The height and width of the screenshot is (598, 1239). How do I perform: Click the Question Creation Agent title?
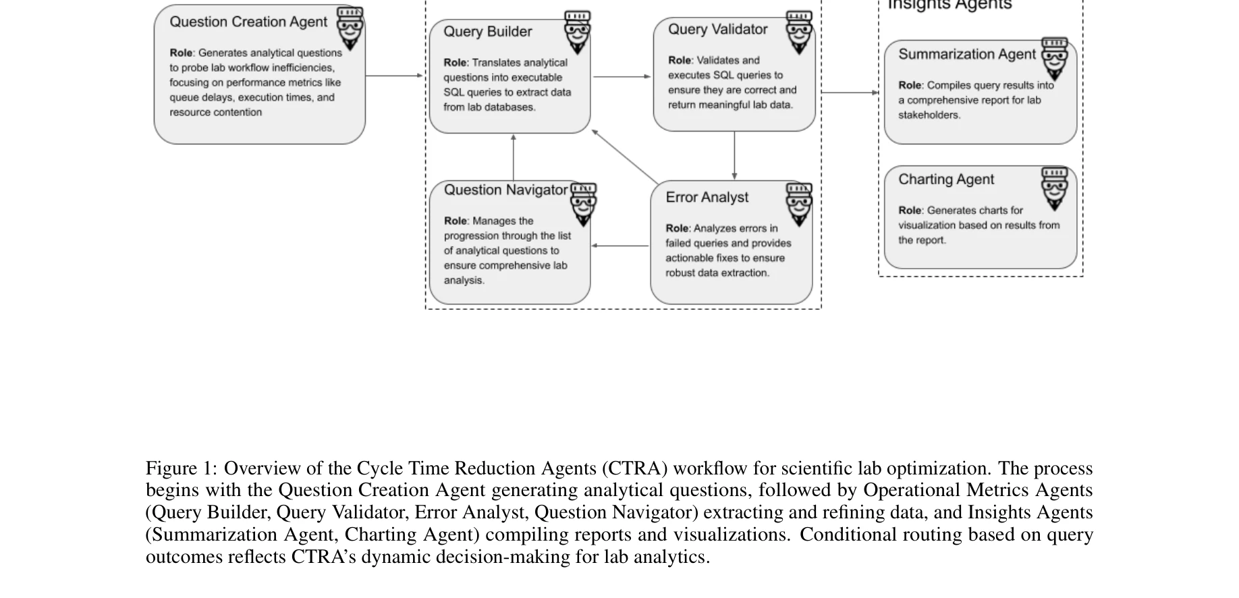tap(248, 22)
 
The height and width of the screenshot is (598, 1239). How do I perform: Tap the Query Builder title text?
tap(487, 32)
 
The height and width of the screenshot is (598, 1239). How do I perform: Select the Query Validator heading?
tap(717, 30)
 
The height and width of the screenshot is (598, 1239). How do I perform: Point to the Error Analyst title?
tap(707, 198)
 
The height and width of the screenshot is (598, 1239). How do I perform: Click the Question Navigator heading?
tap(505, 190)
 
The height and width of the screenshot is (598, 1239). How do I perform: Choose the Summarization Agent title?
tap(966, 55)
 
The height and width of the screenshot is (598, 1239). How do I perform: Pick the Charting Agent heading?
tap(945, 180)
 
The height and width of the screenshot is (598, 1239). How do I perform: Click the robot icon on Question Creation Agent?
tap(350, 28)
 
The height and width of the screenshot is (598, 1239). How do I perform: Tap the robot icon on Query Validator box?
tap(799, 32)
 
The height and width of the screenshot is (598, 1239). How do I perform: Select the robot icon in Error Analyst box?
tap(799, 204)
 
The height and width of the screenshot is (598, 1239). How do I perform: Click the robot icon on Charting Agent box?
tap(1055, 188)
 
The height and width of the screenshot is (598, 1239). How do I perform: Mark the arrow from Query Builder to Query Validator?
tap(622, 77)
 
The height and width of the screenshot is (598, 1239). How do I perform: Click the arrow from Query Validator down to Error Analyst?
tap(734, 155)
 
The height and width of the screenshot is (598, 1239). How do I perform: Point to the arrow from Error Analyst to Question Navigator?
tap(620, 246)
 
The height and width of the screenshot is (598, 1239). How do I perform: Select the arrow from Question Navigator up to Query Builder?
tap(514, 157)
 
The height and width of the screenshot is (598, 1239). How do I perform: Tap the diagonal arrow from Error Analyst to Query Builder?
tap(625, 157)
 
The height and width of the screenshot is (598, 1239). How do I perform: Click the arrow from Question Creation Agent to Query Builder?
tap(395, 76)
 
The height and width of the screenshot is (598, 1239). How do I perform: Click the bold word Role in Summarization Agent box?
tap(909, 86)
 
